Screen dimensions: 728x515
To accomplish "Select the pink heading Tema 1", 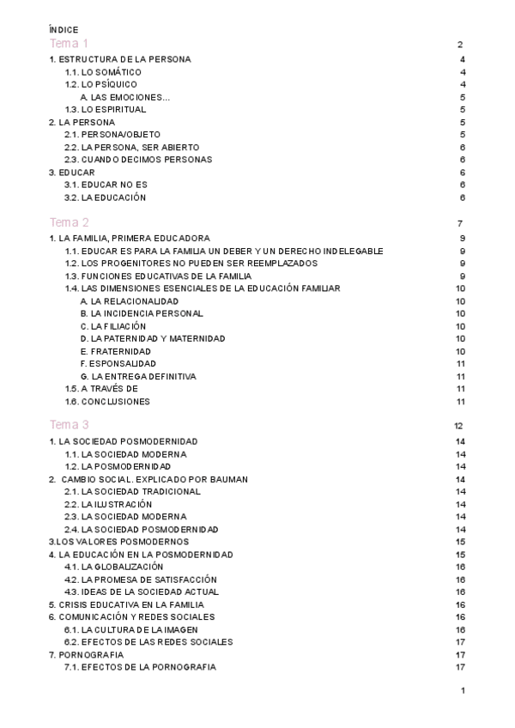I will tap(69, 44).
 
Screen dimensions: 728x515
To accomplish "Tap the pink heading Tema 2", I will tap(69, 222).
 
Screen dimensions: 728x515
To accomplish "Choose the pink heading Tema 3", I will tap(69, 425).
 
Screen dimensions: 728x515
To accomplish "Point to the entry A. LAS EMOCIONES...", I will tap(125, 97).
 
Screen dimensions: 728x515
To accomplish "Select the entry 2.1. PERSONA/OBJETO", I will tap(112, 135).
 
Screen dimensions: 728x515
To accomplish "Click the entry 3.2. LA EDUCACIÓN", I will tap(106, 197).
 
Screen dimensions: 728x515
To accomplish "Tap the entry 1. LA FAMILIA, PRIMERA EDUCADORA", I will tap(130, 238).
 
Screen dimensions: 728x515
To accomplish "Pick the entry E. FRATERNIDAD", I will tap(115, 351).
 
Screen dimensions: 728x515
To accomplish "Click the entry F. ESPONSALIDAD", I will tap(118, 364).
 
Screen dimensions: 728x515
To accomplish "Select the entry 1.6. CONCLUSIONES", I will tap(107, 402).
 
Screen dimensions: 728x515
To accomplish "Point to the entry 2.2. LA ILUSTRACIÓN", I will tap(108, 504).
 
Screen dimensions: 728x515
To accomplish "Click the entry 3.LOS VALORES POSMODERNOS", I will tap(118, 542).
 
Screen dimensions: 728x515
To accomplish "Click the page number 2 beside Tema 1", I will tap(461, 45).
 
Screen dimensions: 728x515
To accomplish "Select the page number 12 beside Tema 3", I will tap(459, 426).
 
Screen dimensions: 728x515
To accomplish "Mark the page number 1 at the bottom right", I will tap(462, 691).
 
